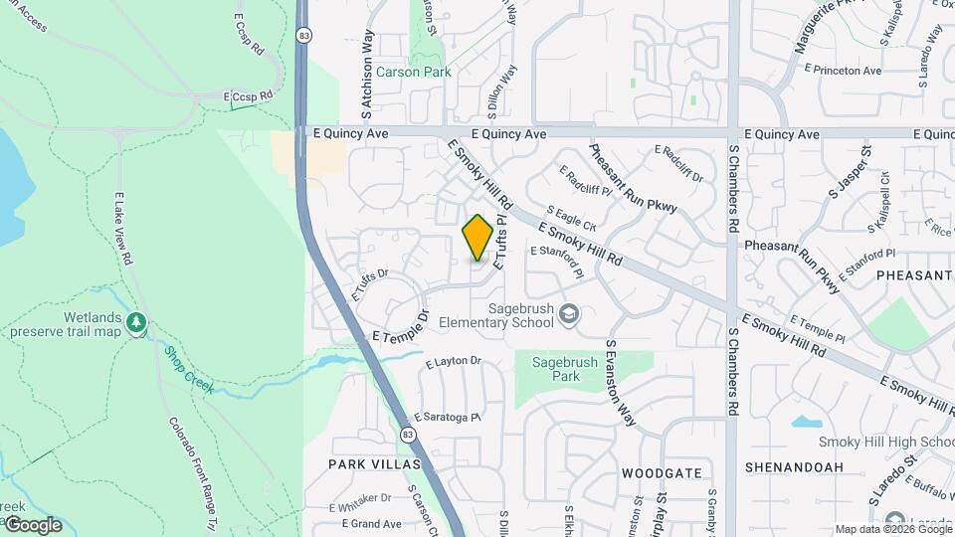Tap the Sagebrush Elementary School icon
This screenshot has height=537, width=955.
point(568,315)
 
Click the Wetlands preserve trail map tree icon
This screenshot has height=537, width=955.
point(136,322)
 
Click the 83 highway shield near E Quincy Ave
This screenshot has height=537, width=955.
point(303,35)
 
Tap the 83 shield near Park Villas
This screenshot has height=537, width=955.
point(408,434)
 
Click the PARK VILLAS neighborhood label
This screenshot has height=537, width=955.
point(375,464)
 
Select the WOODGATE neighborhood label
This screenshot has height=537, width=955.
point(662,472)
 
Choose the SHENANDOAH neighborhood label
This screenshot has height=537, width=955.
point(794,466)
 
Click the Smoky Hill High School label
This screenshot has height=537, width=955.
point(886,442)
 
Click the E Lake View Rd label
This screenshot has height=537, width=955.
point(123,228)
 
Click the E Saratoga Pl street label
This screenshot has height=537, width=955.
point(448,417)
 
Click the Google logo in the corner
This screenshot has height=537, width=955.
point(32,524)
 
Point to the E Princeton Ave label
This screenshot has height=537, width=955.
point(847,71)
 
